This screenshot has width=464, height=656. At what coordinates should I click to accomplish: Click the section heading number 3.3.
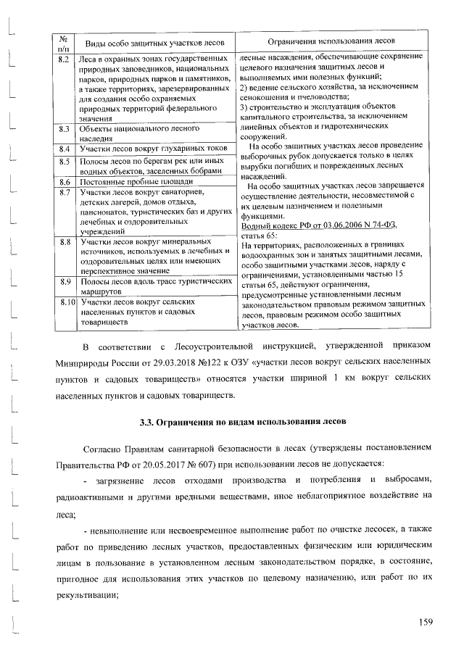(149, 421)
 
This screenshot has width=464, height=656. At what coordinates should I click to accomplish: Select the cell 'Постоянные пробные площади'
(137, 181)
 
